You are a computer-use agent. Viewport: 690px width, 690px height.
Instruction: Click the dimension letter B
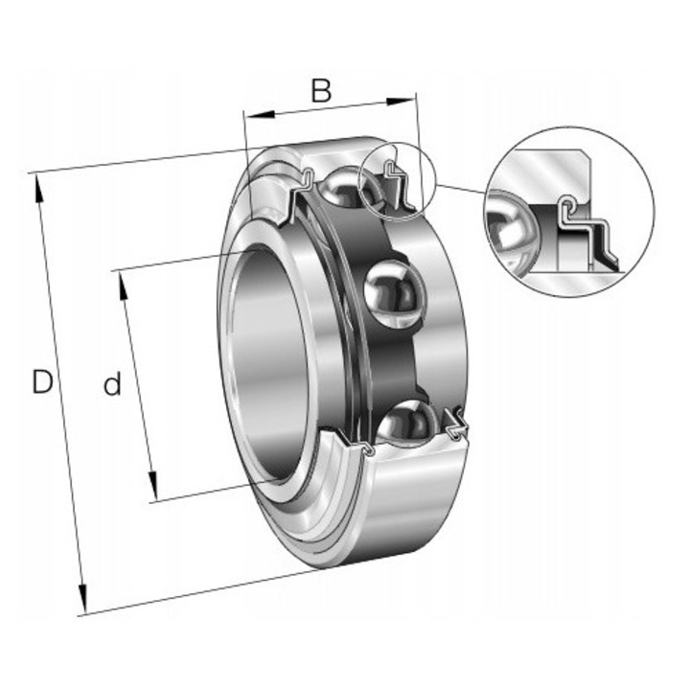321,90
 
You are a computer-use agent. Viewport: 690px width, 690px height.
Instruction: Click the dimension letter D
43,381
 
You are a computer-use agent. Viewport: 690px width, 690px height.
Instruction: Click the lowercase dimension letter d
112,383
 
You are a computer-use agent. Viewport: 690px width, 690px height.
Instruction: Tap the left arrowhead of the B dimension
259,115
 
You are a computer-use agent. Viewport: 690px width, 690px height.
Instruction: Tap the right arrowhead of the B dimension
401,102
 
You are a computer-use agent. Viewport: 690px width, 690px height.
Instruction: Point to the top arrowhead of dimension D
37,188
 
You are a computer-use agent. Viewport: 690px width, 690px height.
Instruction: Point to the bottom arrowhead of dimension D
82,598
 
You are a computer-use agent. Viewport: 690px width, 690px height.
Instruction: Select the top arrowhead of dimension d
124,286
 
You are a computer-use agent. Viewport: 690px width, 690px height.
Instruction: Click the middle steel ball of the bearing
395,293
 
